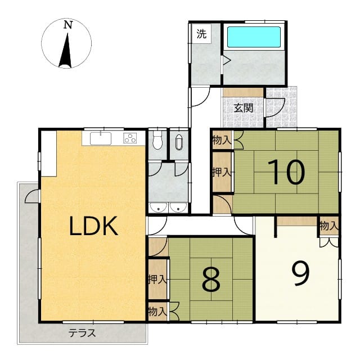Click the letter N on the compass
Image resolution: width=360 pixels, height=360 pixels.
point(68,25)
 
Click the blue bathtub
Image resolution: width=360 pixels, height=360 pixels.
point(254,37)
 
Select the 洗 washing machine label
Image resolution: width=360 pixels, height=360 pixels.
point(201,34)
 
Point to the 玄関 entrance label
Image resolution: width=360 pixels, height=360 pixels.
point(244,108)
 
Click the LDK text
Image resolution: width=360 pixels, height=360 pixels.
point(93,226)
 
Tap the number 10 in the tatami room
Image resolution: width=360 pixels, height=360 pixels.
point(286,172)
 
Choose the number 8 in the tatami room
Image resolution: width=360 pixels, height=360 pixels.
point(211,280)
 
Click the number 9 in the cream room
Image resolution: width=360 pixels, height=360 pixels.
point(301,274)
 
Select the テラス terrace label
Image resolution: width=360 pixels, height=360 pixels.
point(82,332)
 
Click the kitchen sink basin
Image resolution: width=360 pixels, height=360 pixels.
point(101,139)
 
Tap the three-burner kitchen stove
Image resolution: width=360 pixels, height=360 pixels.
point(130,138)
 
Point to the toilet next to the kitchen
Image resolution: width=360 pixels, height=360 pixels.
point(157,141)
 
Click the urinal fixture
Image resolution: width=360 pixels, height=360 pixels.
point(179,142)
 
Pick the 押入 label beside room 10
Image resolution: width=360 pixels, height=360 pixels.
point(222,172)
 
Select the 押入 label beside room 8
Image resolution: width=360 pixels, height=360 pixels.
point(157,280)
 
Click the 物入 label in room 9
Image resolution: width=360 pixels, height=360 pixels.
point(329,226)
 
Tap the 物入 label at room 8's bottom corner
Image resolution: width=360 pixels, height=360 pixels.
point(157,312)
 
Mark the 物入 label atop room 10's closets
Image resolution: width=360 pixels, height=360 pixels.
point(222,140)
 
